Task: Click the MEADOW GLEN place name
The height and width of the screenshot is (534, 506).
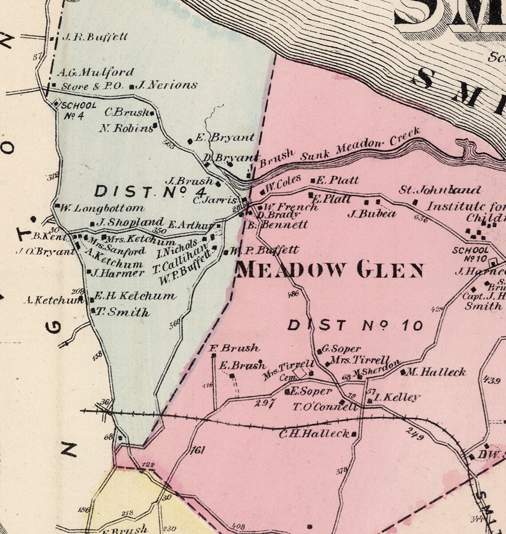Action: point(329,270)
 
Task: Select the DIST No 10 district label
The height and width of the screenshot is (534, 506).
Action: point(355,326)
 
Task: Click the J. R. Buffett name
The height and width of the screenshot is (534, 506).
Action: point(95,37)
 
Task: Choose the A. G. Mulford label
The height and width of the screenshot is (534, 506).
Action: point(95,72)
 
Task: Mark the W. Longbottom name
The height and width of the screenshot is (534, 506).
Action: point(103,208)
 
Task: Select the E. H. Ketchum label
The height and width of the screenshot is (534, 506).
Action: point(135,296)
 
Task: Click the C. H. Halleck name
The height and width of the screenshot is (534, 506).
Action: point(314,434)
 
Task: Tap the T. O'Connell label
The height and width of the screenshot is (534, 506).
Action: point(325,406)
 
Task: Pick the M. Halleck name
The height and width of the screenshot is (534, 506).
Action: point(436,372)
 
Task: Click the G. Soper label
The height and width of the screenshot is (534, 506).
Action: point(342,349)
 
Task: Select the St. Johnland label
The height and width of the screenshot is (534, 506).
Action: point(440,191)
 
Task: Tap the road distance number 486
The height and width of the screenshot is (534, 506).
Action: point(293,294)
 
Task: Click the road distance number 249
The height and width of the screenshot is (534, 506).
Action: point(415,434)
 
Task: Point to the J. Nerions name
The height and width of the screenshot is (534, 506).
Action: point(167,85)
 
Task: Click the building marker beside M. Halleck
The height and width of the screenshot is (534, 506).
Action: point(403,372)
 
